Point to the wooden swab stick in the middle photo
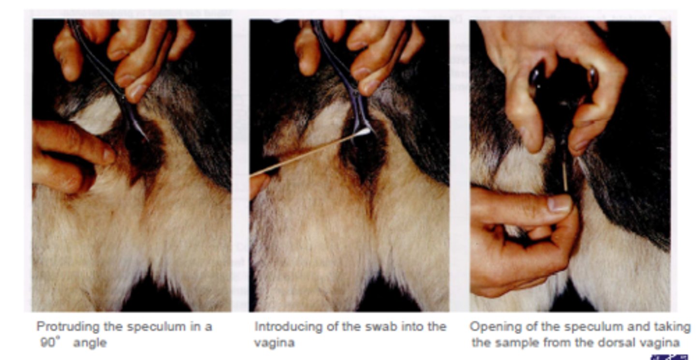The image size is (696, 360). point(307,155)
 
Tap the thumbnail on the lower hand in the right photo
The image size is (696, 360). point(559,204)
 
